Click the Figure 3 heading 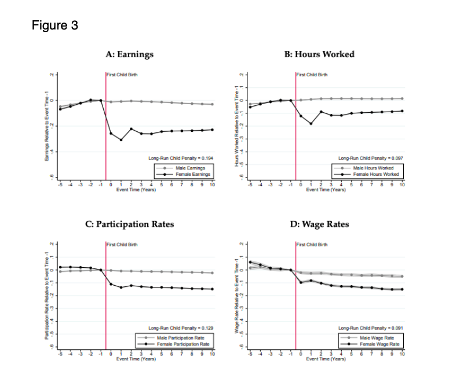pos(55,26)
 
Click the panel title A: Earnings pos(129,54)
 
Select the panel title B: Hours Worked pos(319,54)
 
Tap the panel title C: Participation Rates pos(129,224)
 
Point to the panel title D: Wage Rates pos(319,224)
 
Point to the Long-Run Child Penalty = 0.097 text pos(371,157)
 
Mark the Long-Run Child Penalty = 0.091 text pos(371,328)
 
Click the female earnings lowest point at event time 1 pos(121,140)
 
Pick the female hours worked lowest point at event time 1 pos(311,124)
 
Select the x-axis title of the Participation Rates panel pos(136,359)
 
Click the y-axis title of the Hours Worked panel pos(236,127)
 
